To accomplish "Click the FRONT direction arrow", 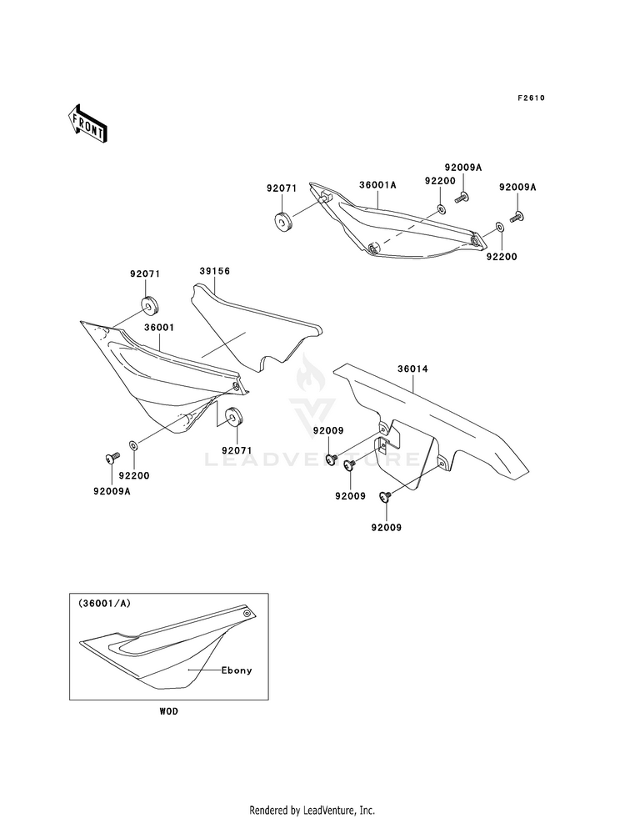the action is point(87,123).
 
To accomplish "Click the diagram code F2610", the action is point(531,98).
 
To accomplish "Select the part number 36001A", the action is point(377,184).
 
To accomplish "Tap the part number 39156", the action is point(214,271).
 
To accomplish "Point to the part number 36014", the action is point(412,369).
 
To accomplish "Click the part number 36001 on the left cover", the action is point(159,328).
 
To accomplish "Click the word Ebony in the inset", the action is point(237,670).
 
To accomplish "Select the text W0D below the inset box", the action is point(169,711).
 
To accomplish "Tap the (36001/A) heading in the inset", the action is point(105,603).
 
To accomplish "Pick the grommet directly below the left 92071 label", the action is point(150,305).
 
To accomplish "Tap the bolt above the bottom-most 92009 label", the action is point(386,496).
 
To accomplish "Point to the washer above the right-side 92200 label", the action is point(498,227).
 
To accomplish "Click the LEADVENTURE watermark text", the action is point(312,459).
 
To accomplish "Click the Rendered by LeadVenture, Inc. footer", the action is point(312,810).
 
